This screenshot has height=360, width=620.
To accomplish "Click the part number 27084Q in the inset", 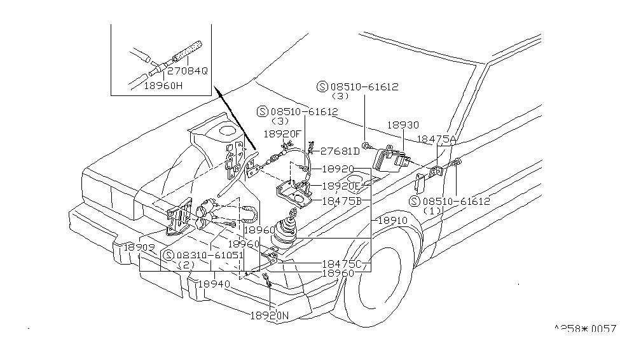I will coord(187,71).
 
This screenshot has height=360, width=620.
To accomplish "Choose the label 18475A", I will coord(437,139).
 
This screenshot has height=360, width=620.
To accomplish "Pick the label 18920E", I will coord(341,186).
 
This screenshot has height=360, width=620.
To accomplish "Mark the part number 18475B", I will coord(341,200).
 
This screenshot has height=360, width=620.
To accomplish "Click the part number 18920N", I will coord(270,315).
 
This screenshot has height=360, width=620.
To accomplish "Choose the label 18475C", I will coord(341,263).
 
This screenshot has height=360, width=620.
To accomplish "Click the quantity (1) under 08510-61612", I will coord(439,211).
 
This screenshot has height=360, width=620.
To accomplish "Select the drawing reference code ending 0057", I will coord(584,329).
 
